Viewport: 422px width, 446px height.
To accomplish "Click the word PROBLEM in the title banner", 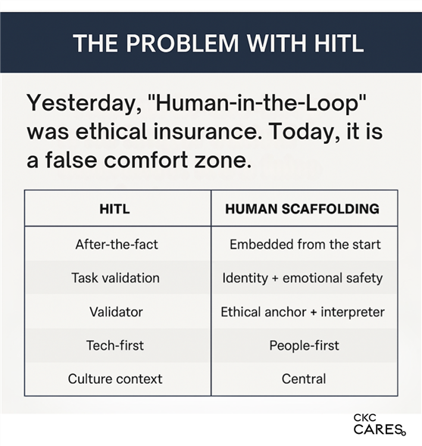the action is click(x=182, y=43).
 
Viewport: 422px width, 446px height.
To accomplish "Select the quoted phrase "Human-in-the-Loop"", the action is click(x=257, y=102).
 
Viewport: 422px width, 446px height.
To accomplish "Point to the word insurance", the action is click(x=205, y=132).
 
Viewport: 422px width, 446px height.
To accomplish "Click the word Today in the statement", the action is click(x=302, y=133).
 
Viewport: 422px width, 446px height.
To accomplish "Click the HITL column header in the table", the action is click(x=114, y=209).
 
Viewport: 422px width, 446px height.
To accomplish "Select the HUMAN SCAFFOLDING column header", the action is click(x=302, y=209).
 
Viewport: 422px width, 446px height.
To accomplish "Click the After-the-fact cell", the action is click(x=117, y=245).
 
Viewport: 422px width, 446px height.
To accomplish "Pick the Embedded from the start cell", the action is click(x=305, y=245).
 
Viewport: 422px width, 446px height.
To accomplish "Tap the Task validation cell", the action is click(x=115, y=278).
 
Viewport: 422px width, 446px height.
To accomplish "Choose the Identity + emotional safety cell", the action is click(x=302, y=278).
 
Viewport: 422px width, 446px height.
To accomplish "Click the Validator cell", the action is click(x=116, y=312).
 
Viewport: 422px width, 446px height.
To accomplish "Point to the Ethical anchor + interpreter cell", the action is click(x=302, y=312).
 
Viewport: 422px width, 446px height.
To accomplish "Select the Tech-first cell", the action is click(x=115, y=345).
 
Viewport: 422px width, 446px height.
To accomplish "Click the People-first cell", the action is click(x=305, y=345).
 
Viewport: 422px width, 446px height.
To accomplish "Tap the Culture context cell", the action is click(x=115, y=379).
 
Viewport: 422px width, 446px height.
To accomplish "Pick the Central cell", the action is click(x=304, y=379).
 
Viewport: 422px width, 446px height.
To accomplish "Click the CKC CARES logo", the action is click(x=380, y=425).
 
